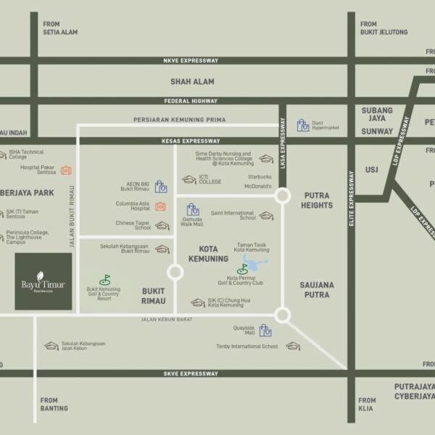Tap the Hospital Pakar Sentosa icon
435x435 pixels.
(66, 170)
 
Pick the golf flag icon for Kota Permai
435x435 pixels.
(242, 269)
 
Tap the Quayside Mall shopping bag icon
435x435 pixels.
(266, 331)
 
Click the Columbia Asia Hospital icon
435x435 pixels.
(160, 207)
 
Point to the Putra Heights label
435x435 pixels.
(318, 201)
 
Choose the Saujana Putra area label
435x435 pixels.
(317, 290)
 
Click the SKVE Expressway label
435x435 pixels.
(191, 373)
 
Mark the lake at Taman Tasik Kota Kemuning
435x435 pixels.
(254, 262)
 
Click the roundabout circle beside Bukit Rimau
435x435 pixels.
(175, 273)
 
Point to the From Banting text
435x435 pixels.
(54, 404)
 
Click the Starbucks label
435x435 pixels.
(259, 176)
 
